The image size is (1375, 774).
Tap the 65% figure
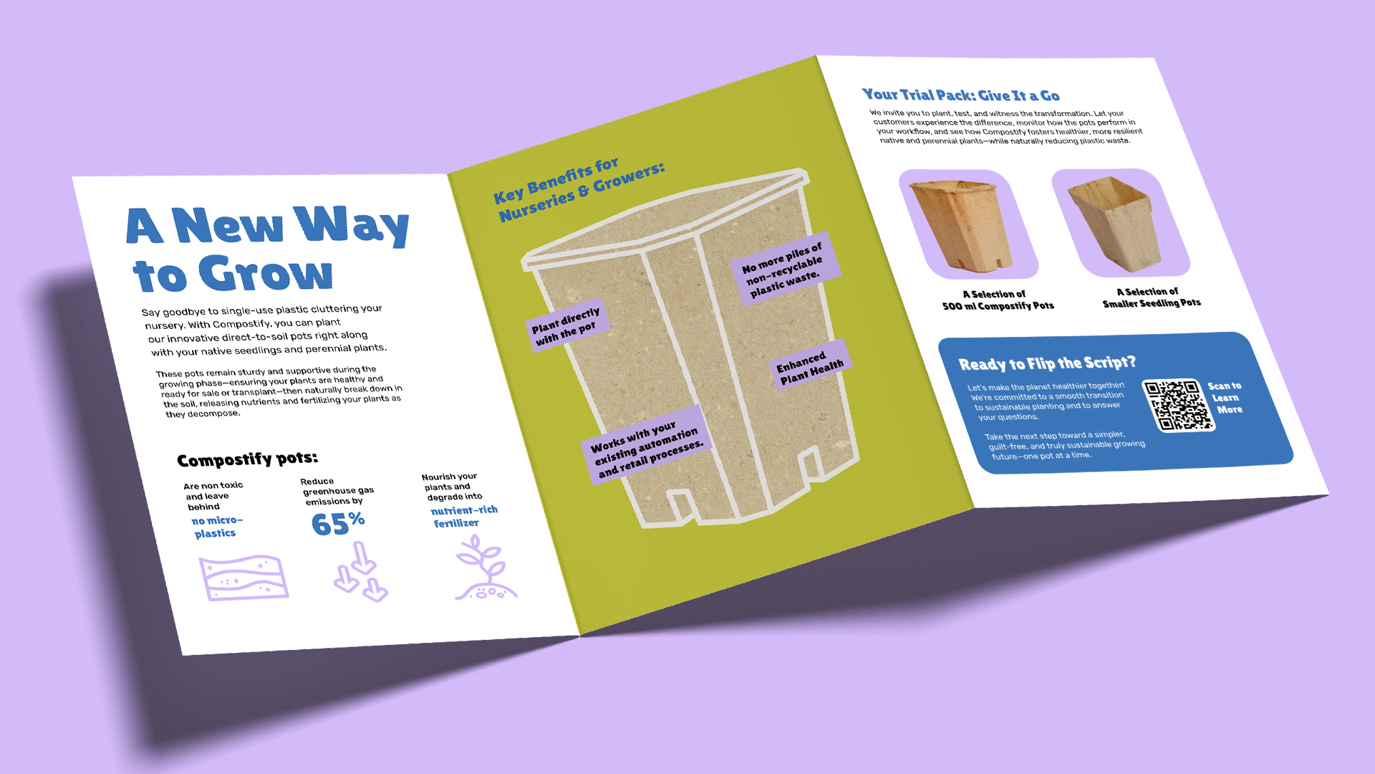338,523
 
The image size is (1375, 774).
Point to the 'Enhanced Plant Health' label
810,366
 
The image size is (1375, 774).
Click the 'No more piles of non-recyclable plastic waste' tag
783,268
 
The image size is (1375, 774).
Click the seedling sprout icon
486,569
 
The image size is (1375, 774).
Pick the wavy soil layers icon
243,578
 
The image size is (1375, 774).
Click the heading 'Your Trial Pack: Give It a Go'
960,95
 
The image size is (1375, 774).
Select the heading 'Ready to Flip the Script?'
1046,363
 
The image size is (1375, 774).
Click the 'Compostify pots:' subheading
247,459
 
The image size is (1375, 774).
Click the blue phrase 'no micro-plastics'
216,527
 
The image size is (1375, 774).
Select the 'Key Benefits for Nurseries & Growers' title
579,190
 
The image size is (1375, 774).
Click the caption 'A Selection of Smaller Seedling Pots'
1150,297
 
